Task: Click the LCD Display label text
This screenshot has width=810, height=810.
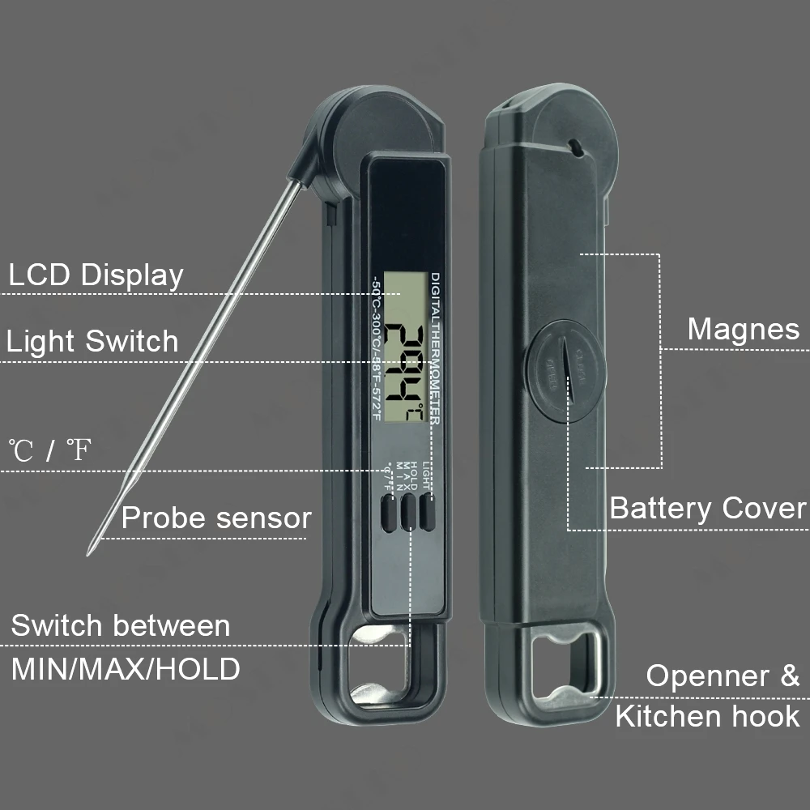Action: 96,275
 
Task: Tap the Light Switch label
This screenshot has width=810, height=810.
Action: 92,341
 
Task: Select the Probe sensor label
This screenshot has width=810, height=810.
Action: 215,518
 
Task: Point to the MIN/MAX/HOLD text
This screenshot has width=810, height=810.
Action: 126,669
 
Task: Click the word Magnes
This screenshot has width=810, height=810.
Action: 743,330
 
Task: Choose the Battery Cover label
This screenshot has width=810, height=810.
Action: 707,509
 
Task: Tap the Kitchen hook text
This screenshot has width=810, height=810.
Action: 707,716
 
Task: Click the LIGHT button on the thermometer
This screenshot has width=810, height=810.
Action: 427,514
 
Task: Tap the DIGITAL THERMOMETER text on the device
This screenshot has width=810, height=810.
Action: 435,348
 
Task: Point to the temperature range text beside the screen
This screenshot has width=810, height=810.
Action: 376,348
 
